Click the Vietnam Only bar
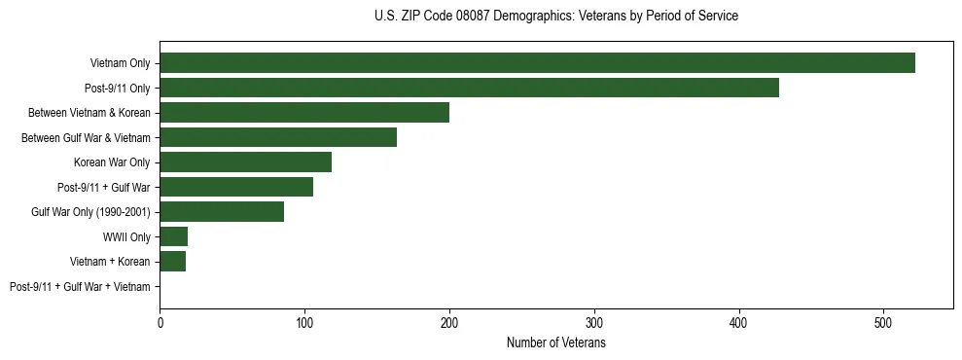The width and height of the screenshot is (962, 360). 537,63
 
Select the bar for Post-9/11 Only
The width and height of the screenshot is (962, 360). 469,88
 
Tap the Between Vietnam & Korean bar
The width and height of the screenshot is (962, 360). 304,113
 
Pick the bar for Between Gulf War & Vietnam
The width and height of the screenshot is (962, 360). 278,137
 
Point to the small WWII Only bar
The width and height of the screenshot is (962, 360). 174,236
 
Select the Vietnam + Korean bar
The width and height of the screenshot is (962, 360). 173,261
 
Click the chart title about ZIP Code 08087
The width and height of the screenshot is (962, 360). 555,17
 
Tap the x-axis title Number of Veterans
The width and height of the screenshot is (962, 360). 555,343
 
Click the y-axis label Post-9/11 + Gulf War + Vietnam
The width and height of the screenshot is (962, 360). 80,286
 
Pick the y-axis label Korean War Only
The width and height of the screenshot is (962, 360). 112,162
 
